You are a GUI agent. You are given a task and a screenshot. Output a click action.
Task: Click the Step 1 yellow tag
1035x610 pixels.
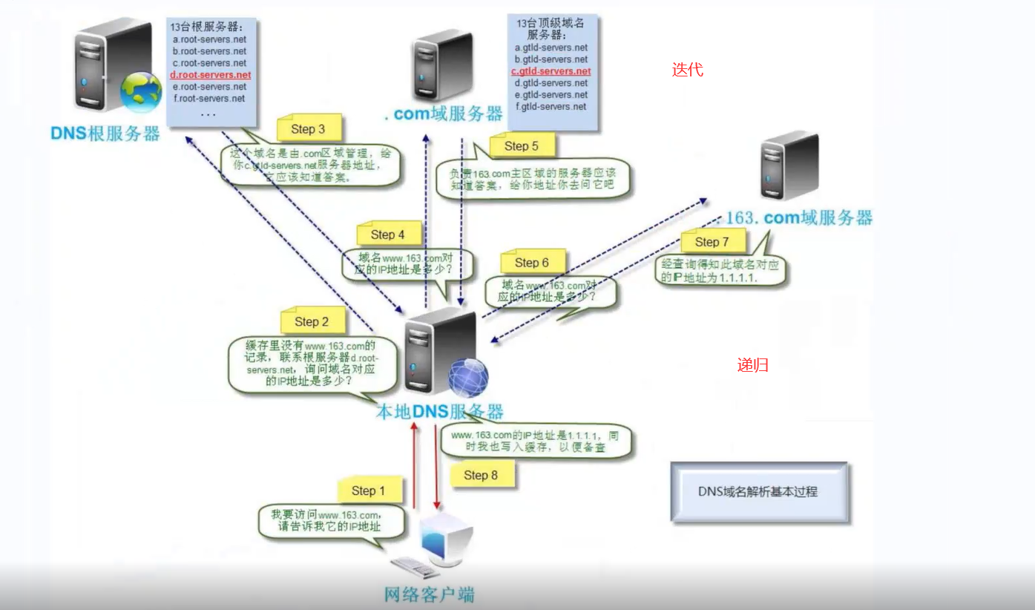(369, 491)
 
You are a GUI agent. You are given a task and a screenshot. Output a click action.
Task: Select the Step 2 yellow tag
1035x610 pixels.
(312, 321)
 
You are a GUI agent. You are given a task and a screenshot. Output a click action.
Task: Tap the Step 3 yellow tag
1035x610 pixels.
(308, 129)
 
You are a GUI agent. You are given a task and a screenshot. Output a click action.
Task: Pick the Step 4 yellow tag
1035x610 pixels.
(388, 235)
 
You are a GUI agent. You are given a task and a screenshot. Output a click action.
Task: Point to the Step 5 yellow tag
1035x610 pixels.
(521, 146)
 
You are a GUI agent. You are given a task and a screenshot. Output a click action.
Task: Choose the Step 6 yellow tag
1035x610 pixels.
(531, 262)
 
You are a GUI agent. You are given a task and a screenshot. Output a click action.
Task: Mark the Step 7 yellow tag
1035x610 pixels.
(712, 242)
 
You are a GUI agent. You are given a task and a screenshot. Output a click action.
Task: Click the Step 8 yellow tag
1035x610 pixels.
(481, 475)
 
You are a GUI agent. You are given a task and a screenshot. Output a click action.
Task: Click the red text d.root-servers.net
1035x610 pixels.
(211, 75)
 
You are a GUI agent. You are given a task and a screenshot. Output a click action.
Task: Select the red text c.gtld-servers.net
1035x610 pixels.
(551, 71)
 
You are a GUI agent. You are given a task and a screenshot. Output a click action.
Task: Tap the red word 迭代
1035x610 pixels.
(687, 70)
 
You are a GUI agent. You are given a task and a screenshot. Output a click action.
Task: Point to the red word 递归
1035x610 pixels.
(752, 365)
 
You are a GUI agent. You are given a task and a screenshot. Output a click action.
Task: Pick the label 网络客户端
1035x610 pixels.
(429, 594)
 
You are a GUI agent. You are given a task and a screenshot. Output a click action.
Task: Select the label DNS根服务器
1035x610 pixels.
(105, 134)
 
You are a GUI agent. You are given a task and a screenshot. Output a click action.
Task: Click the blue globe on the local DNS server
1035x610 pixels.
(468, 377)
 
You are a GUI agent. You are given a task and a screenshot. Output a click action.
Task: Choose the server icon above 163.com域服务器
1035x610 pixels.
(789, 166)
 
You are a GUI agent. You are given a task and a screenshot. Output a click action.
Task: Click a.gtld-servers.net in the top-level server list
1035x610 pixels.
(551, 47)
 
